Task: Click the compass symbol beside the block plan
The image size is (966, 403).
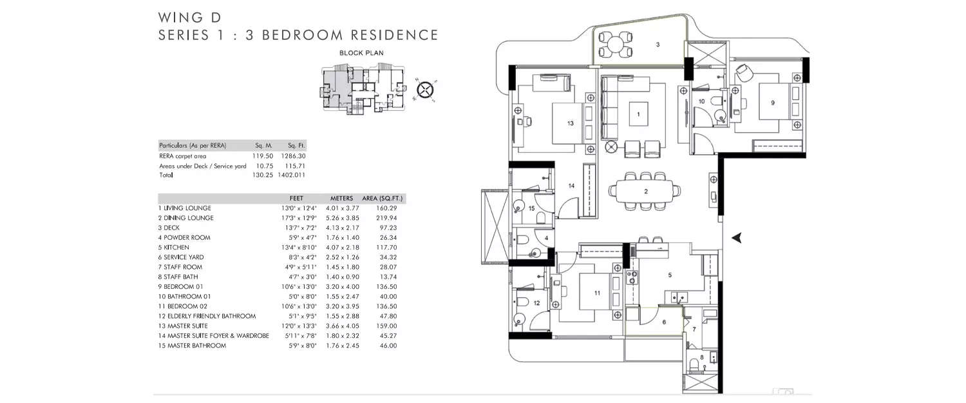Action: [x=425, y=90]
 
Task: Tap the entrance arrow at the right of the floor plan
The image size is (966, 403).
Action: [x=737, y=237]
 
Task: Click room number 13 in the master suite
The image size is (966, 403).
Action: [x=570, y=123]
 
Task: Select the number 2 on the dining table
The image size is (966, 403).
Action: [x=645, y=192]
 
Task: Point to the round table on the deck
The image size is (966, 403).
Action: [x=616, y=45]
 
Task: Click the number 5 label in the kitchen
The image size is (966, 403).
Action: [x=670, y=275]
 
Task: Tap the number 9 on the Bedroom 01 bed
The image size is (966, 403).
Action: [x=772, y=102]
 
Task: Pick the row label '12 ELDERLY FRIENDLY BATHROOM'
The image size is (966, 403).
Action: [x=207, y=316]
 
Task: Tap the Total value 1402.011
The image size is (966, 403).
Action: [x=292, y=175]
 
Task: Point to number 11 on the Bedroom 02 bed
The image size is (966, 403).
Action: [x=596, y=293]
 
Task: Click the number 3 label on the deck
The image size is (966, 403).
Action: [x=657, y=44]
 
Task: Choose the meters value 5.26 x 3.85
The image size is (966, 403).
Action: [x=345, y=218]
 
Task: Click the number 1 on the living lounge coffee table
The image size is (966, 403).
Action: [x=638, y=114]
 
